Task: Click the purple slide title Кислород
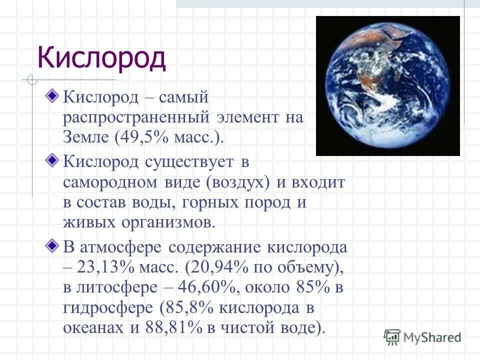point(101,57)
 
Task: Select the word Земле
point(85,137)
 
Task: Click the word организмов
point(167,221)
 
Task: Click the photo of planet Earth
point(387,86)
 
